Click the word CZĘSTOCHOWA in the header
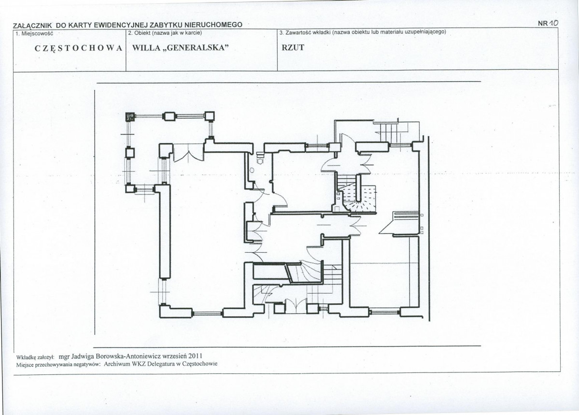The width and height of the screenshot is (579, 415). click(78, 48)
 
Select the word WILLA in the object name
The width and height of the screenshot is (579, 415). click(144, 48)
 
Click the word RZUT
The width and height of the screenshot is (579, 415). click(293, 47)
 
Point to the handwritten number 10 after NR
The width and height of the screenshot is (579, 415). click(554, 23)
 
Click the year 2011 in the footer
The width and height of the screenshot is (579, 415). click(196, 356)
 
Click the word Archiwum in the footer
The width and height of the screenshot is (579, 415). click(115, 364)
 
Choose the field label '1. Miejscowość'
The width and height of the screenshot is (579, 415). click(34, 33)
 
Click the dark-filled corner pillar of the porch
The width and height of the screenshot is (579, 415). click(130, 117)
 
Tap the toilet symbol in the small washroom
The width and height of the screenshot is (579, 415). click(260, 159)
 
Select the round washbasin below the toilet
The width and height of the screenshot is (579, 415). click(252, 171)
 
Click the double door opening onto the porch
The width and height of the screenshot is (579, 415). click(188, 152)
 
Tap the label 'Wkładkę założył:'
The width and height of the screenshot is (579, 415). click(35, 358)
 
